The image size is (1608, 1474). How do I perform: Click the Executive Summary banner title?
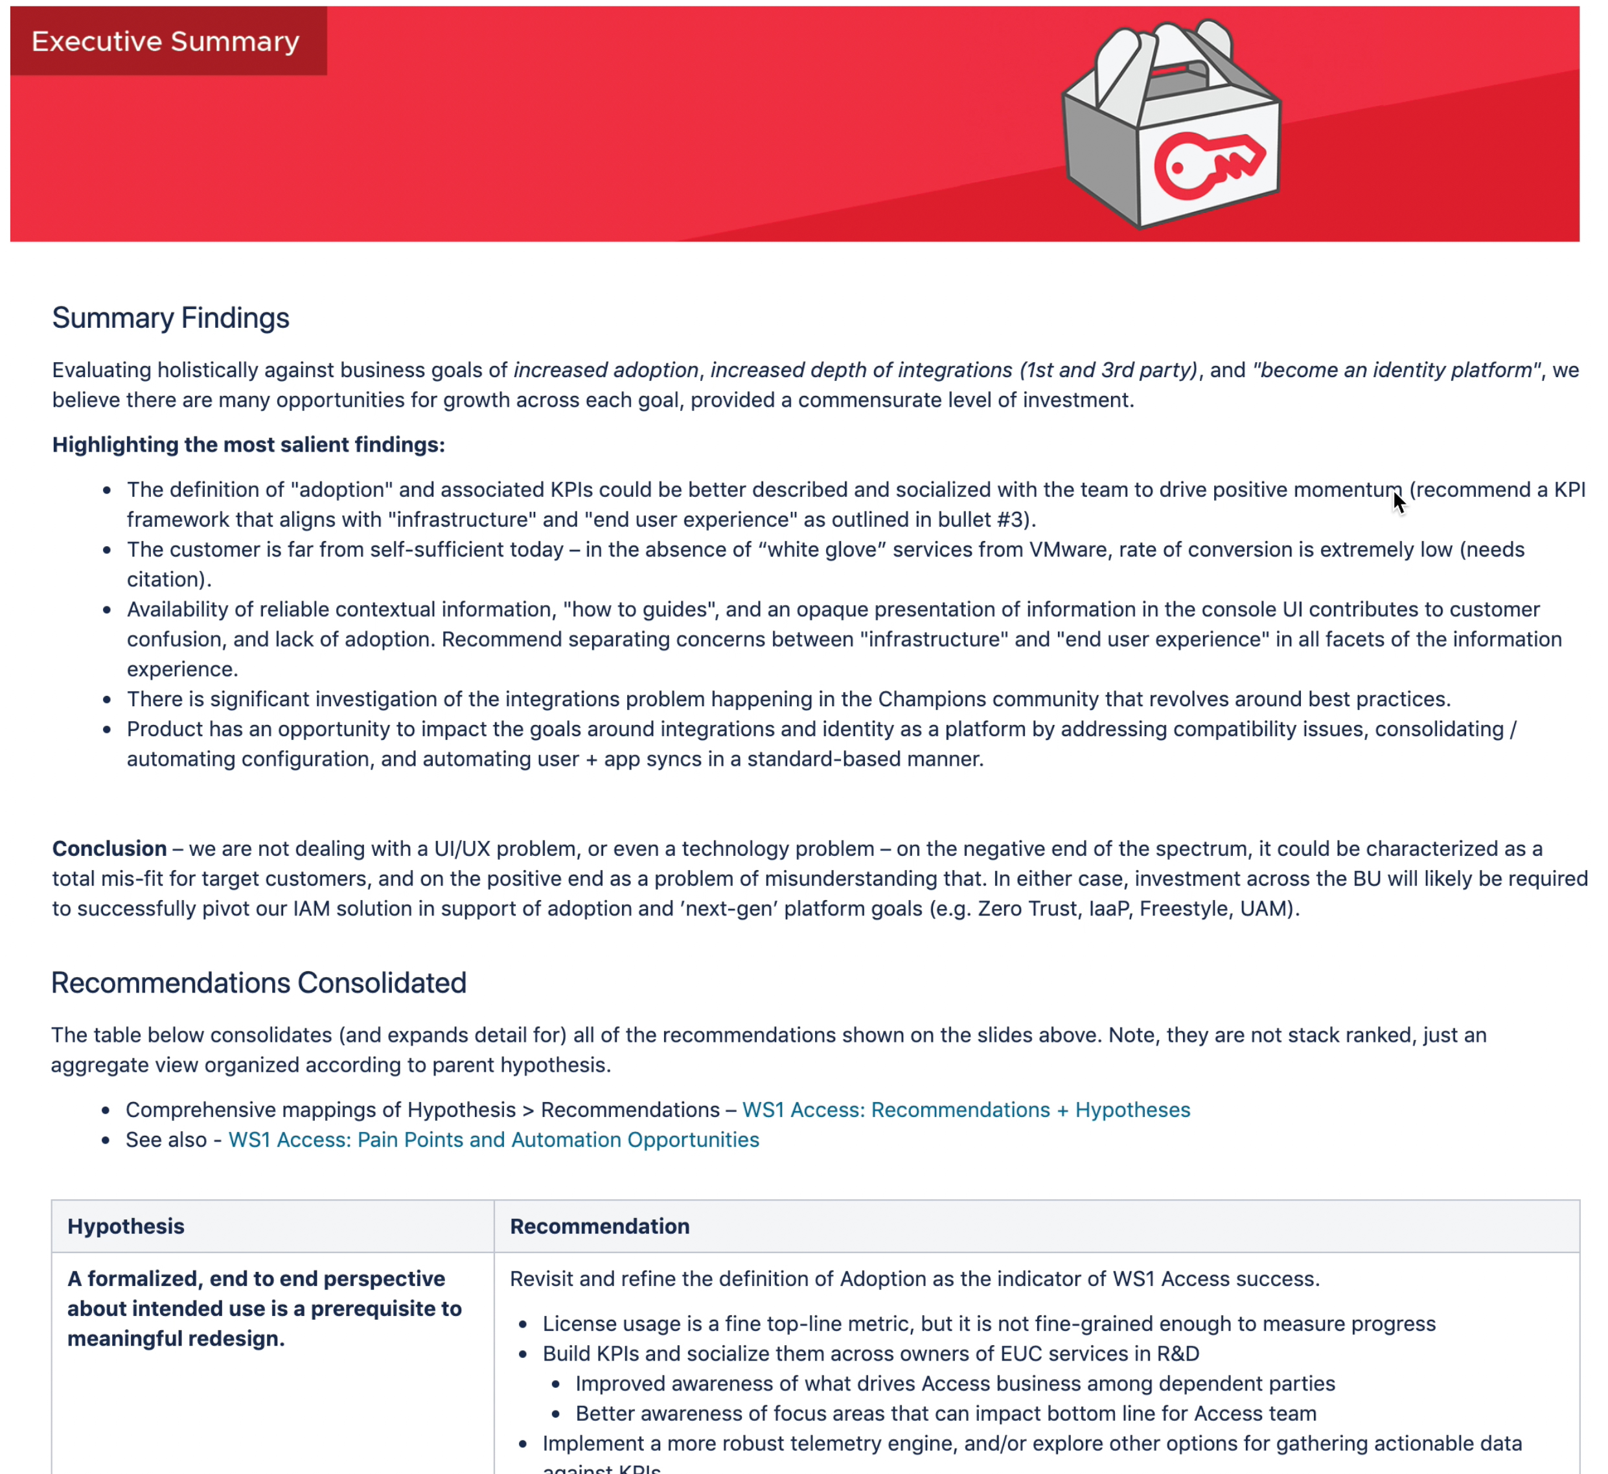(165, 41)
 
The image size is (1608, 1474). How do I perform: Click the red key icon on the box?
(1208, 165)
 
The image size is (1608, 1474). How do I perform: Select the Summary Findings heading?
(170, 318)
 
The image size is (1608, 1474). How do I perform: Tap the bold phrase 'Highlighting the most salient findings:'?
(249, 444)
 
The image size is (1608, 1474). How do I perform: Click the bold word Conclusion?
(109, 849)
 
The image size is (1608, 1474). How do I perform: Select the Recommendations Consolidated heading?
(258, 983)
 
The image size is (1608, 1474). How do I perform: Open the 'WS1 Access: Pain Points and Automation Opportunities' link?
(494, 1140)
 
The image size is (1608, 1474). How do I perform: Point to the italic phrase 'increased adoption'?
(606, 370)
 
